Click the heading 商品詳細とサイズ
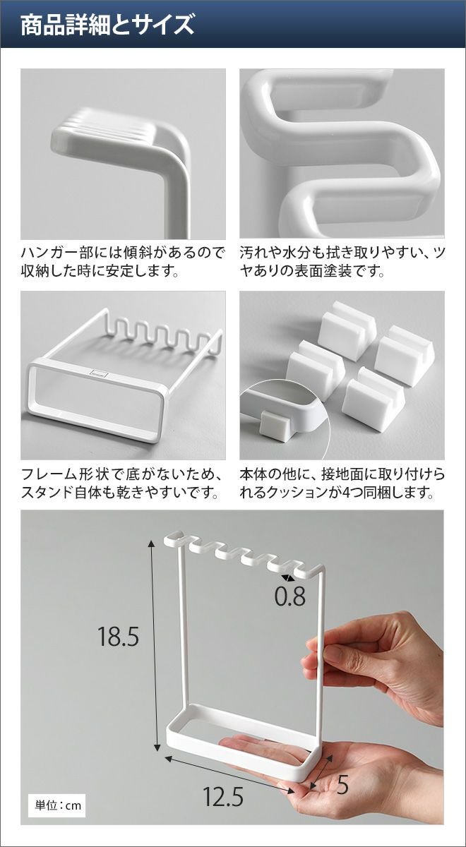pyautogui.click(x=107, y=24)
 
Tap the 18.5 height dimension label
pyautogui.click(x=118, y=637)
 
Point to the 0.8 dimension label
pyautogui.click(x=289, y=596)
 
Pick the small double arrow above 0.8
pyautogui.click(x=288, y=578)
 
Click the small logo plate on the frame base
pyautogui.click(x=99, y=372)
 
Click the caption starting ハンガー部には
pyautogui.click(x=123, y=261)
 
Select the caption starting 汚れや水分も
pyautogui.click(x=342, y=261)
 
